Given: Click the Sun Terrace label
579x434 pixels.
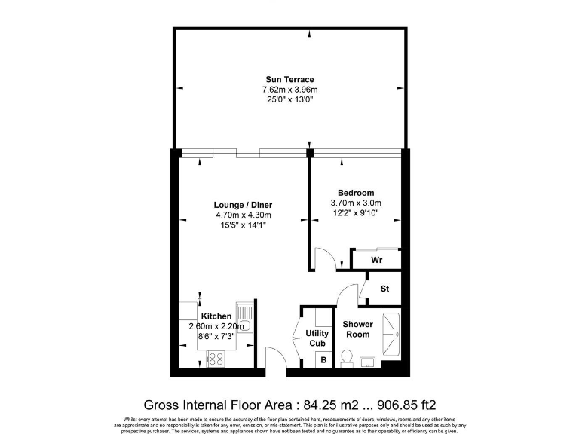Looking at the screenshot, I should point(289,79).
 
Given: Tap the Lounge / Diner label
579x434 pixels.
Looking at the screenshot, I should point(243,205).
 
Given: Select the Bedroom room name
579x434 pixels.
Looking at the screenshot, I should point(356,193).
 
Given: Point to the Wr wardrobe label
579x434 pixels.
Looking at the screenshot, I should point(377,260).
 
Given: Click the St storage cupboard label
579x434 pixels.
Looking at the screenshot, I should point(384,289).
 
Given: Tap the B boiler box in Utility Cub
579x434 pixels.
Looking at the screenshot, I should point(323,360).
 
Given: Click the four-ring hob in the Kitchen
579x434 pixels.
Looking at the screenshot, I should point(215,360).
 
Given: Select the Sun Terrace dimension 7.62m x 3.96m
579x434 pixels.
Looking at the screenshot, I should point(289,90).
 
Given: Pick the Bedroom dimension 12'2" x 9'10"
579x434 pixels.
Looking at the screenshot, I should point(356,213).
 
